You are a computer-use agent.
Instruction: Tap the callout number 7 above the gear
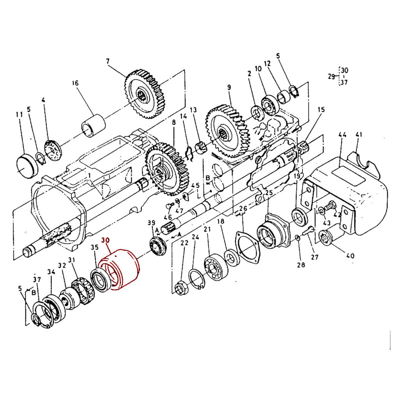tap(107, 61)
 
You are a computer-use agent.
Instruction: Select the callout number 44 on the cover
tap(342, 135)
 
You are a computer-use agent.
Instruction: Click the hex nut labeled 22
tap(182, 289)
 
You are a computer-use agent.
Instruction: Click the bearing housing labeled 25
tap(273, 232)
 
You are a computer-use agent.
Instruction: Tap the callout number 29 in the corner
tap(331, 77)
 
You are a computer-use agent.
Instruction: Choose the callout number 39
tap(152, 223)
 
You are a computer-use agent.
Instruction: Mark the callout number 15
tap(321, 109)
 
